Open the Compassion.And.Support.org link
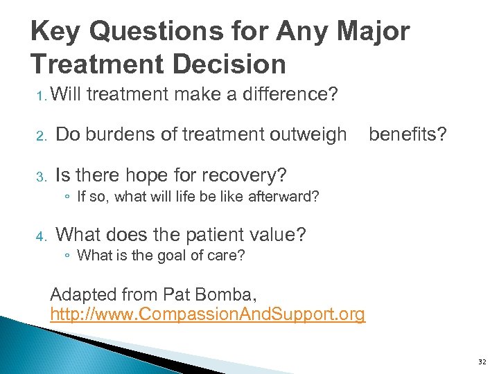tap(207, 314)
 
